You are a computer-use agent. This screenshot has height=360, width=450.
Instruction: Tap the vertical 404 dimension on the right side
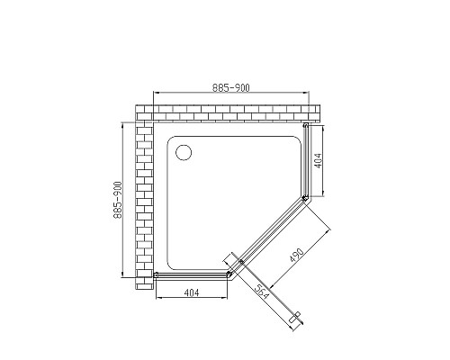(x=319, y=162)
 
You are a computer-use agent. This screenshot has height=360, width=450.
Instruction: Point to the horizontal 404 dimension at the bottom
(x=191, y=292)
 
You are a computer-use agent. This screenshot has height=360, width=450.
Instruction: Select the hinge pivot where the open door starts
(x=240, y=264)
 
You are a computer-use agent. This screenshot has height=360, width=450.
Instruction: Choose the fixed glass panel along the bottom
(x=191, y=274)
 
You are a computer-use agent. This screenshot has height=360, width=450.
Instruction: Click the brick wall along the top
(x=225, y=112)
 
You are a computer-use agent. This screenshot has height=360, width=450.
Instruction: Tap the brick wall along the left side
(x=144, y=202)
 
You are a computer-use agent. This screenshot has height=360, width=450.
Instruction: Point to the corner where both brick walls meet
(x=144, y=112)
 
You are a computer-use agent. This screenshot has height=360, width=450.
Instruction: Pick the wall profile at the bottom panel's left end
(x=157, y=274)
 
